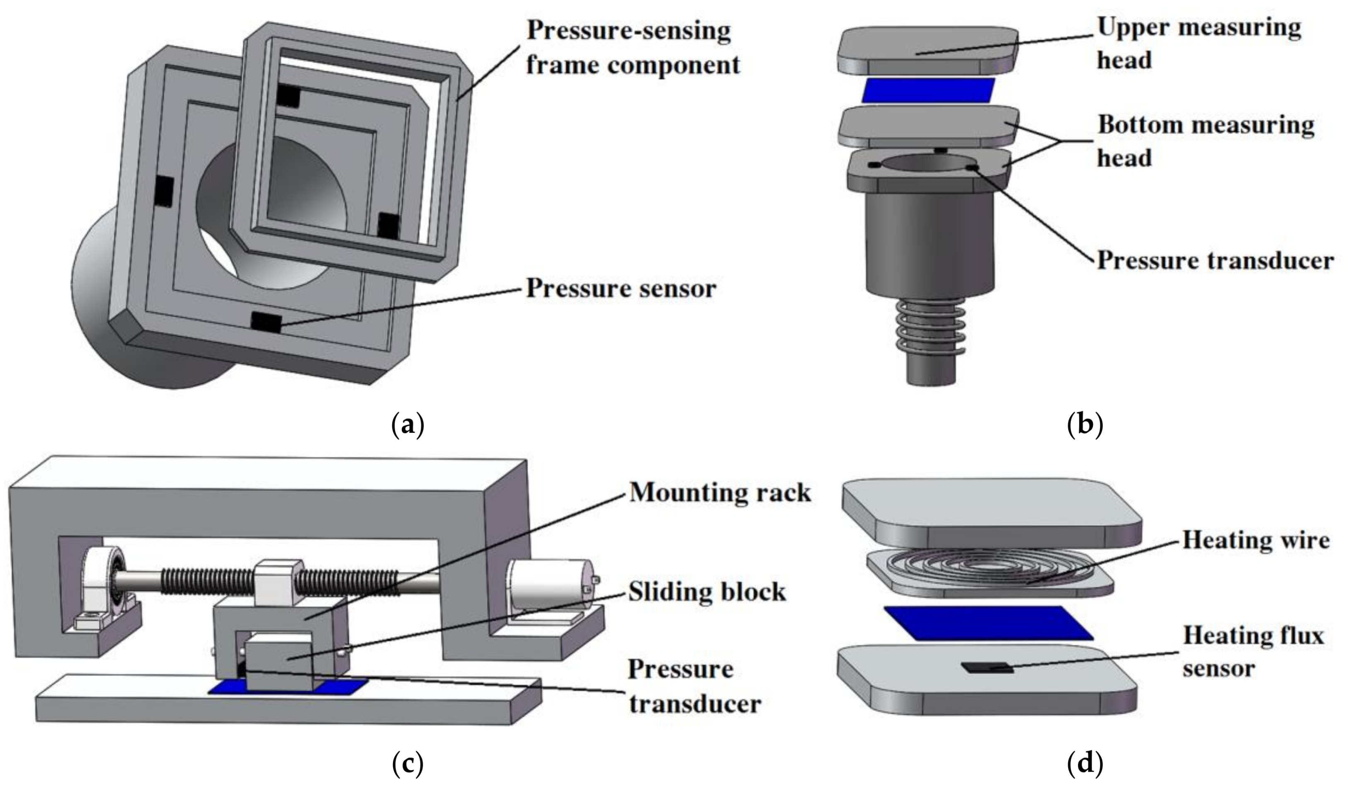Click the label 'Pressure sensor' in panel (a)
coord(621,289)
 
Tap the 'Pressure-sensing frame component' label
coord(633,48)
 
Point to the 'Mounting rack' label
coord(719,492)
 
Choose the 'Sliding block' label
coord(706,592)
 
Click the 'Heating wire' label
coord(1255,540)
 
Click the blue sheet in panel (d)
coord(988,622)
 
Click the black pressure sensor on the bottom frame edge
coord(266,322)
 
